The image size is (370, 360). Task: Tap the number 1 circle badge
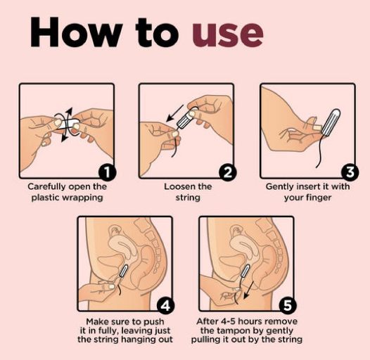(x=108, y=172)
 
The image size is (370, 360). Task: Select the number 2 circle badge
(x=228, y=172)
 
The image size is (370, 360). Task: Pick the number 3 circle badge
(x=350, y=172)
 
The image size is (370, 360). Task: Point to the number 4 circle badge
(x=166, y=305)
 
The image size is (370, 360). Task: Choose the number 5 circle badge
(x=288, y=305)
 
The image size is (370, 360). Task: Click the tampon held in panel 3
(x=331, y=122)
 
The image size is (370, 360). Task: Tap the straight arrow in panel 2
(x=174, y=113)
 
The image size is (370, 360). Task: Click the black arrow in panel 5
(x=249, y=290)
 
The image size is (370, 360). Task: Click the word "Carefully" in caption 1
(x=46, y=186)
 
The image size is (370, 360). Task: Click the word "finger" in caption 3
(x=318, y=198)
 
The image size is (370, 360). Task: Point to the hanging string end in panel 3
(x=317, y=167)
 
